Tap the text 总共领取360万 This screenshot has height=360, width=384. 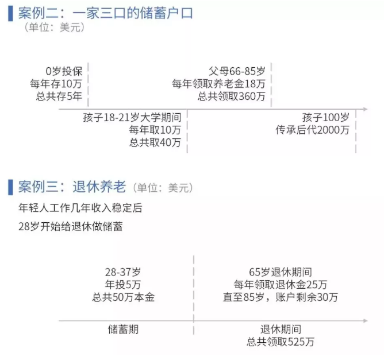[x=232, y=96]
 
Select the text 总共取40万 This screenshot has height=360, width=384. [x=155, y=142]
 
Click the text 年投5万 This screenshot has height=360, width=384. [x=123, y=284]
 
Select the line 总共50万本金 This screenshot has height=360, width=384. [x=123, y=297]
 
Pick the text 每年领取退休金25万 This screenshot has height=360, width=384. [x=281, y=284]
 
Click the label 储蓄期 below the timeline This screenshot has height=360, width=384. [x=123, y=330]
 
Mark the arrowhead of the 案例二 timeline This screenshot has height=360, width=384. [x=364, y=109]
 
